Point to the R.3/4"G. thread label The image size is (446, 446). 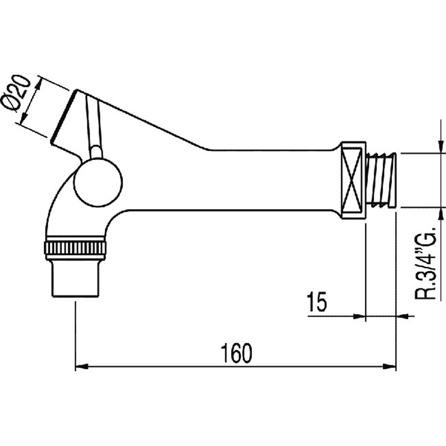(425, 263)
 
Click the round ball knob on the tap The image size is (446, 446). (98, 183)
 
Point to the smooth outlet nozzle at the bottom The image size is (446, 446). (75, 278)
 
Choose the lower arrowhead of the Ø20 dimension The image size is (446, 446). (24, 117)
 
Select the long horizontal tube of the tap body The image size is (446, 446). (232, 180)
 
